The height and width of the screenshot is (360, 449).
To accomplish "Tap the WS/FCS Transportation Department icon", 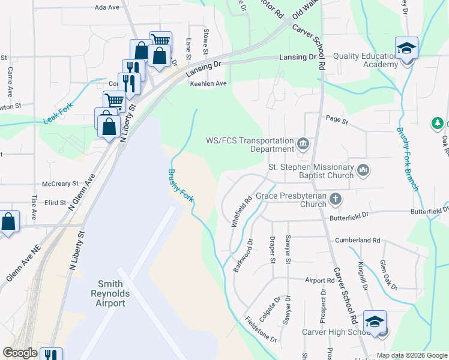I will coord(304,144).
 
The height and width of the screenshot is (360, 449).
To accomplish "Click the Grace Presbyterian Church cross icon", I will coord(336,199).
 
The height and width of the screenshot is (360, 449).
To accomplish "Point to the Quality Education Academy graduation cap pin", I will coord(406,49).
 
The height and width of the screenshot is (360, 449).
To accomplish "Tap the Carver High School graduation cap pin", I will coord(375,322).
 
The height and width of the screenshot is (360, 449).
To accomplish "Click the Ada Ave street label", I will coord(108,8).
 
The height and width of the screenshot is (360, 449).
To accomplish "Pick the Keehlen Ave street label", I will coord(208,83).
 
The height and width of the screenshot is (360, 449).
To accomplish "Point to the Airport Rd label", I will coord(319,280).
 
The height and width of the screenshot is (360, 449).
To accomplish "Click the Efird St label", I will coord(55,203).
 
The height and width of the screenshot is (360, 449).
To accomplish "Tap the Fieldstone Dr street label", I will coord(260,329).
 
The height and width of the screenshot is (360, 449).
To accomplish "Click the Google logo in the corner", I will coord(20,353).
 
